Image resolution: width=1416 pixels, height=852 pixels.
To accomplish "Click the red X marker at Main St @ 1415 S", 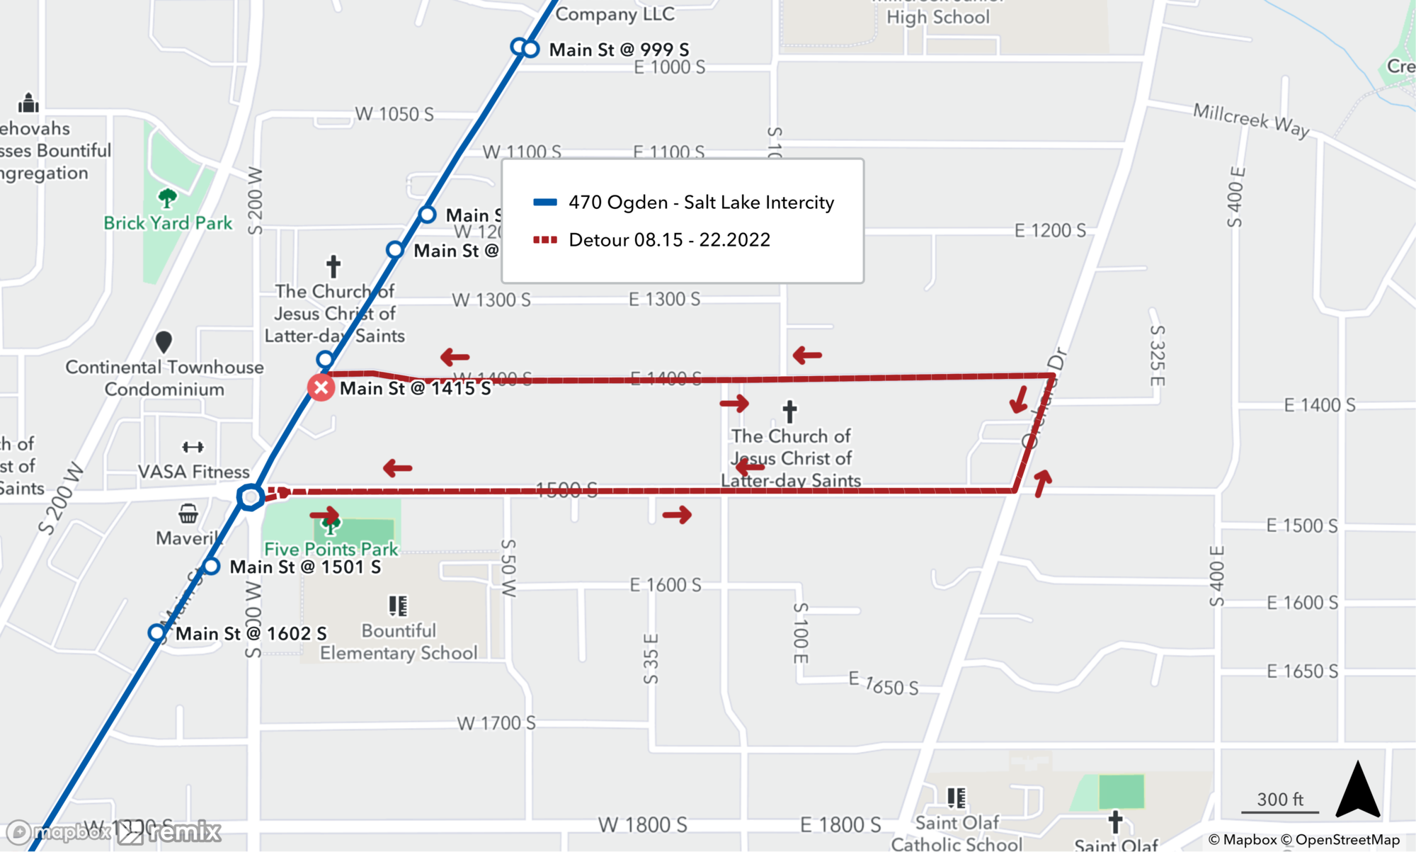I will (x=321, y=387).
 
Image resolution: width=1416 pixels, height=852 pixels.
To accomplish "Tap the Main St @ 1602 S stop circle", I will (x=157, y=632).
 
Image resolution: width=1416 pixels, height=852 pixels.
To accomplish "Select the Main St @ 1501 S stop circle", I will (x=211, y=567).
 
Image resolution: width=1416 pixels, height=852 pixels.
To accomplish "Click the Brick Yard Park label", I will (x=168, y=223).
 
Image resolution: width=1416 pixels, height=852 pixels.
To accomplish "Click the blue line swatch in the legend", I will (x=545, y=202).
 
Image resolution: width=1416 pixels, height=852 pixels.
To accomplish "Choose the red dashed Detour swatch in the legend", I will (x=545, y=239).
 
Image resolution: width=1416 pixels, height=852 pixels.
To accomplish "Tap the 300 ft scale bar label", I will (x=1279, y=799).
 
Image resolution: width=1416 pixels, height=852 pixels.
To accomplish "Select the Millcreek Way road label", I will (x=1250, y=120).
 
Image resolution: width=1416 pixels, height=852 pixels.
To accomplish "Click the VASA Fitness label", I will (x=193, y=472).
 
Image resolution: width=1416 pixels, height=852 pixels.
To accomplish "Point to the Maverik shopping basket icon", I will (x=188, y=513).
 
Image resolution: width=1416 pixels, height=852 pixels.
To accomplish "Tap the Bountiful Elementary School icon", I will (x=398, y=606).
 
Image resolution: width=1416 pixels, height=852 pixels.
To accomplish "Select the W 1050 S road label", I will (x=394, y=114).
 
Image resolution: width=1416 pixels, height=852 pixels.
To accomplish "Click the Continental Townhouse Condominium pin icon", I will (x=164, y=342).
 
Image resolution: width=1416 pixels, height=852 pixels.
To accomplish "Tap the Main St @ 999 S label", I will (x=619, y=50).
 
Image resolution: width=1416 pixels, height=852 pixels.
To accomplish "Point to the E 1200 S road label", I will (x=1049, y=230).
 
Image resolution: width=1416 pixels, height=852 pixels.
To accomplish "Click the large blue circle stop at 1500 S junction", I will (x=250, y=496).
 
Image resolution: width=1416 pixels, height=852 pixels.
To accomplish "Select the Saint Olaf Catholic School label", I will (x=957, y=833).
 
